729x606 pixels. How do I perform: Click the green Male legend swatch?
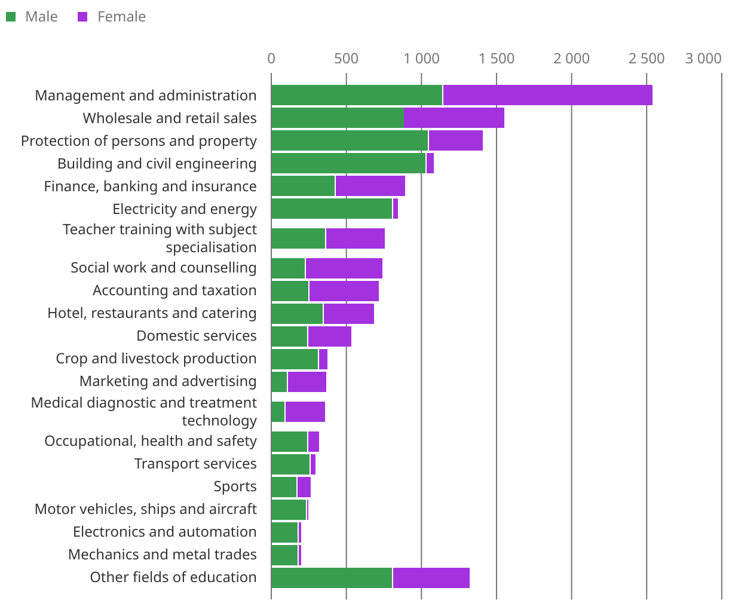coord(11,17)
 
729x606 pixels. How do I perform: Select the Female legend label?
coord(121,17)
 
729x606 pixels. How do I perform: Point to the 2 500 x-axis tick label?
coord(647,59)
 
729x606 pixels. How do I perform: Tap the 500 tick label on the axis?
coord(347,59)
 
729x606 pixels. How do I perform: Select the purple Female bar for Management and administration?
coord(547,96)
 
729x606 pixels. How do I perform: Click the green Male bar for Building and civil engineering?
coord(348,164)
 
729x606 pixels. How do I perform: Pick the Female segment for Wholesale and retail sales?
coord(454,118)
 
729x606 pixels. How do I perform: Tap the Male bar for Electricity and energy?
coord(332,209)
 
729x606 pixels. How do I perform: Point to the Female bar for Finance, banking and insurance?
coord(370,186)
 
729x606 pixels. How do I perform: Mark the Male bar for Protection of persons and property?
coord(350,141)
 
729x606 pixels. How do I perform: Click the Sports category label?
coord(235,487)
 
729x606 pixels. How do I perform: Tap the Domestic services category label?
coord(197,336)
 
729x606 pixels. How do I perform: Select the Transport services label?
coord(195,464)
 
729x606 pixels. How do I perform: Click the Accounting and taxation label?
coord(174,291)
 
